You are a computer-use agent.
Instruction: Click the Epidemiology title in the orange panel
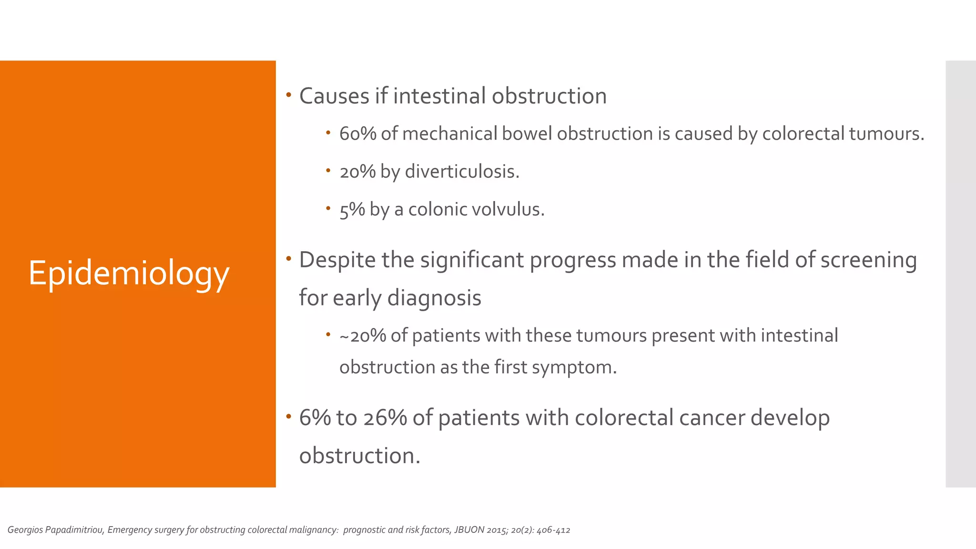pyautogui.click(x=129, y=274)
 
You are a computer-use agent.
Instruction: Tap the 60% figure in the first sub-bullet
pyautogui.click(x=357, y=134)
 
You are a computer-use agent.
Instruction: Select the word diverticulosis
pyautogui.click(x=461, y=172)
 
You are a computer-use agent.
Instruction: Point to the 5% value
pyautogui.click(x=352, y=210)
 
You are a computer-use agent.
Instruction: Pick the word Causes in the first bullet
pyautogui.click(x=334, y=96)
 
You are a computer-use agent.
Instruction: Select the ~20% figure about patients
pyautogui.click(x=362, y=336)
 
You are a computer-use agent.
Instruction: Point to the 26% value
pyautogui.click(x=385, y=418)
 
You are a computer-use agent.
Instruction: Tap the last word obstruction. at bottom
pyautogui.click(x=359, y=456)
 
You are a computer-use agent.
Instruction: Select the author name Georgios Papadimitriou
pyautogui.click(x=56, y=530)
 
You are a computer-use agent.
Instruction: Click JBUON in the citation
pyautogui.click(x=469, y=530)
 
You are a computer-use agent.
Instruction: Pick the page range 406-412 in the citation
pyautogui.click(x=553, y=530)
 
